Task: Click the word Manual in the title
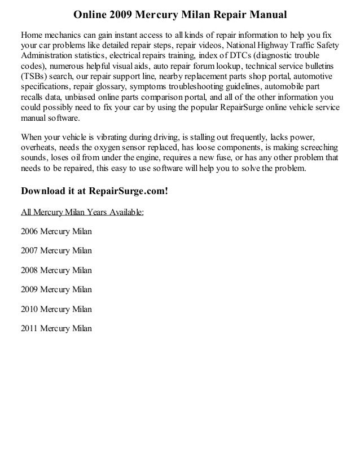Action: pyautogui.click(x=267, y=12)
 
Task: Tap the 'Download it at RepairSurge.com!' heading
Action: pyautogui.click(x=94, y=190)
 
